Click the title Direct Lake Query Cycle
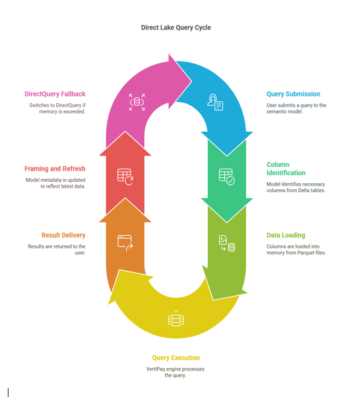pos(176,28)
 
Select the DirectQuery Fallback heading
pos(55,94)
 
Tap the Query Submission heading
pos(293,94)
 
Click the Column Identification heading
pos(286,169)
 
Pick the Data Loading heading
pos(286,235)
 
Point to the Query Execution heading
pos(176,358)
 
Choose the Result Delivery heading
pos(63,235)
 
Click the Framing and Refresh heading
pos(55,169)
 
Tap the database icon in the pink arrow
pos(137,102)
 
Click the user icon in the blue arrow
pos(215,102)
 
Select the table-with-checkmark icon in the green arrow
pos(227,176)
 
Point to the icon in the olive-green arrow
pos(227,243)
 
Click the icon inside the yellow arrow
pos(176,319)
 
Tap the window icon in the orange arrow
pos(125,243)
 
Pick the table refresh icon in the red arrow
pos(125,176)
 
